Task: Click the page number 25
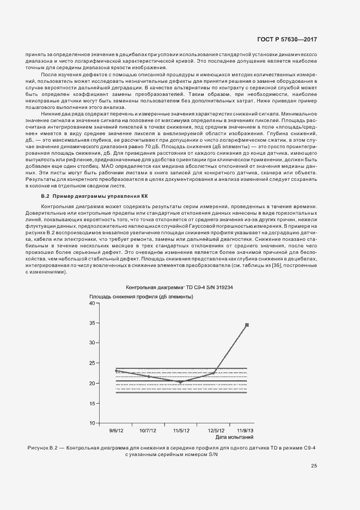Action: pyautogui.click(x=314, y=465)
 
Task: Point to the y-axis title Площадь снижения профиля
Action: pyautogui.click(x=141, y=296)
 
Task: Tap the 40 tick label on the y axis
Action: pyautogui.click(x=91, y=302)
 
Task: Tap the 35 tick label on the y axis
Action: pyautogui.click(x=91, y=323)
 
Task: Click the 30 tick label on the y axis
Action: pyautogui.click(x=91, y=343)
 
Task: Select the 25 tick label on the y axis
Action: pyautogui.click(x=91, y=363)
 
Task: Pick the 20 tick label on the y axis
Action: pyautogui.click(x=91, y=383)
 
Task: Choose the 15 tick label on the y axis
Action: pyautogui.click(x=91, y=403)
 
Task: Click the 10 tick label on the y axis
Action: pyautogui.click(x=91, y=423)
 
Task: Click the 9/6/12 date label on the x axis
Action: pyautogui.click(x=117, y=430)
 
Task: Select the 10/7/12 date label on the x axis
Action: pyautogui.click(x=149, y=430)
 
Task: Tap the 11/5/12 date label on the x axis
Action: pyautogui.click(x=181, y=430)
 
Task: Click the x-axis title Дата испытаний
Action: pyautogui.click(x=234, y=437)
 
